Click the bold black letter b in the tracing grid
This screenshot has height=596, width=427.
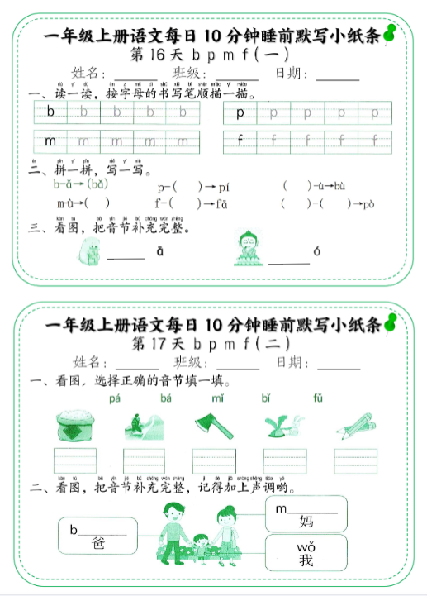(50, 112)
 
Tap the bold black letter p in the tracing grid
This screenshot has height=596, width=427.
(240, 112)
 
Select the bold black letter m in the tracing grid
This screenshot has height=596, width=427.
(50, 141)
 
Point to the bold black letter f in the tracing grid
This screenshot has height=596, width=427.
(240, 141)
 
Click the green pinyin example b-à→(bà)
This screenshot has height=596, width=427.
(81, 184)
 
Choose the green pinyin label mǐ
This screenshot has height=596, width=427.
(217, 398)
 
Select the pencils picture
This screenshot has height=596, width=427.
(354, 427)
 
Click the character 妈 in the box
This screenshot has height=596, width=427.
(306, 521)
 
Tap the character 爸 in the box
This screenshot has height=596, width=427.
(98, 543)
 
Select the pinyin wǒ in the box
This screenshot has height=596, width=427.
(306, 548)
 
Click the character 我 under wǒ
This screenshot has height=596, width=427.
(306, 562)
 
